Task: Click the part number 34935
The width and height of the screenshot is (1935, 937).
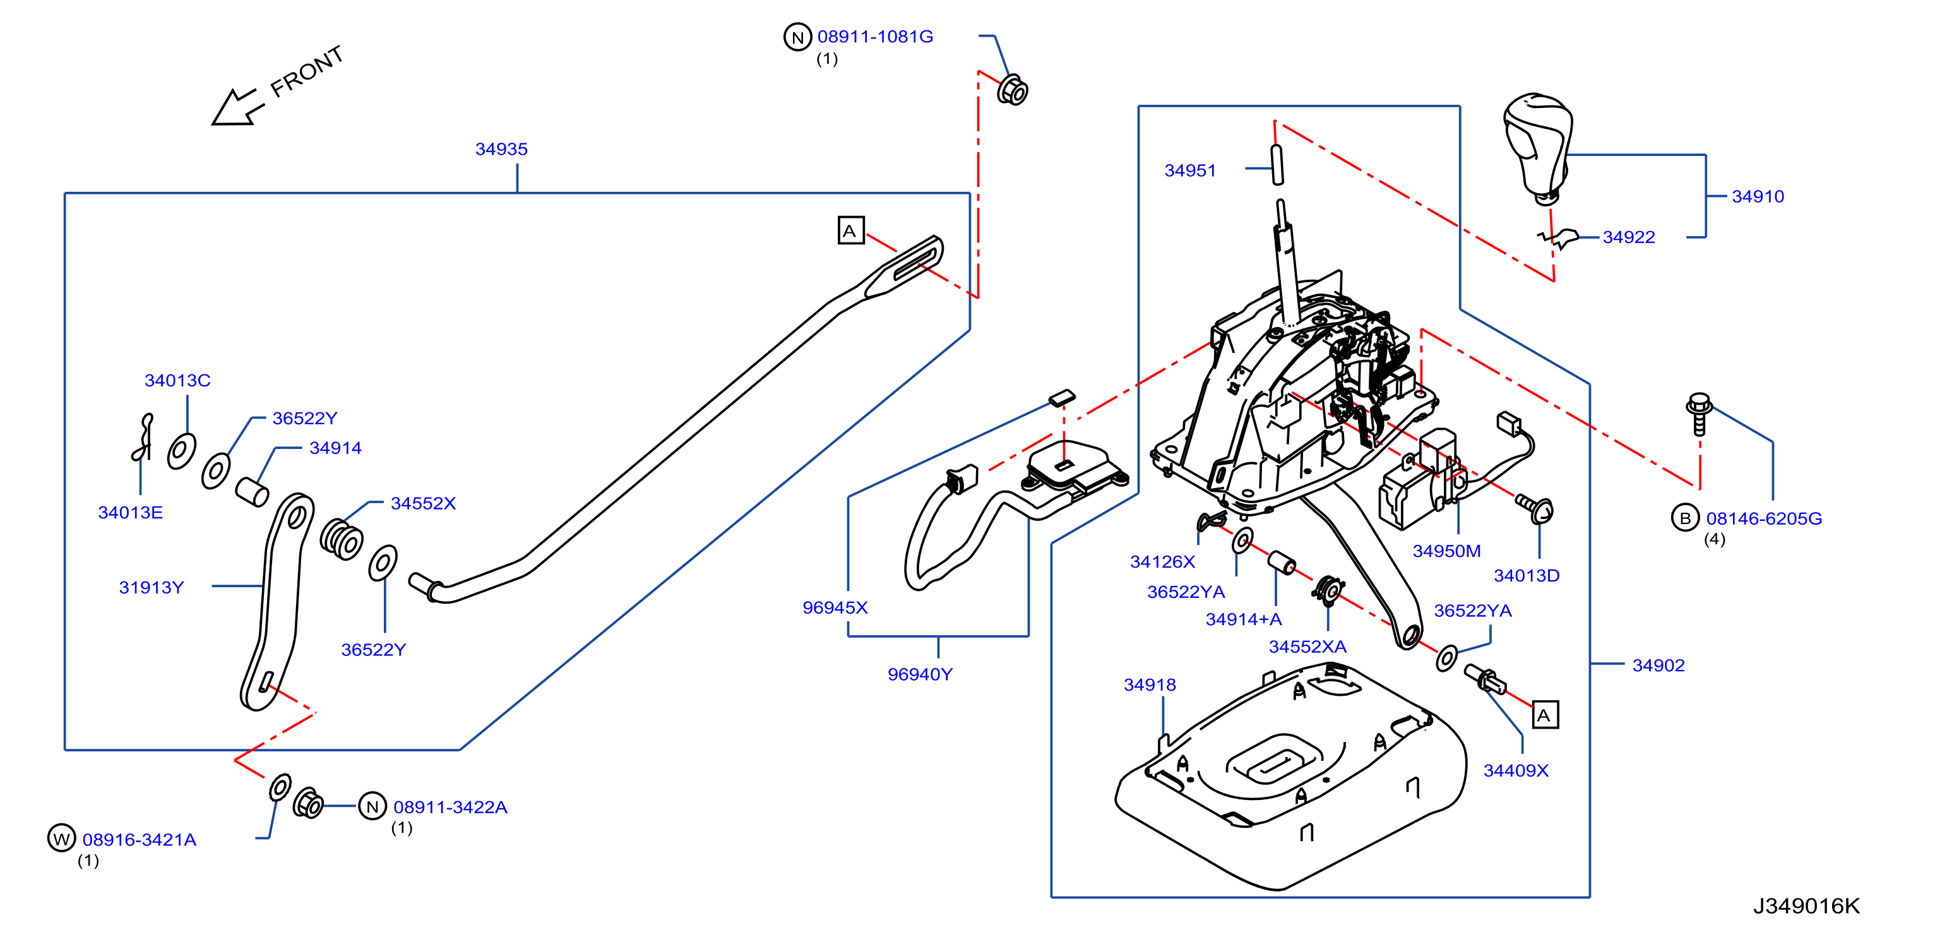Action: pos(501,149)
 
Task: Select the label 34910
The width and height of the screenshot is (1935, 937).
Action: pos(1758,196)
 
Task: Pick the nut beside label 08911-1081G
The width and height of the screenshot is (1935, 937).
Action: pos(1013,90)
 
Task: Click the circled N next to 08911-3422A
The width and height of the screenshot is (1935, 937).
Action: pos(372,806)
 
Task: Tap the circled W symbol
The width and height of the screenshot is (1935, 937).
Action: pos(62,838)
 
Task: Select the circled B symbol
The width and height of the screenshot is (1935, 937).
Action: pos(1685,518)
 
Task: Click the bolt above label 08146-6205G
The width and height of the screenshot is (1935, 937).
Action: pos(1699,414)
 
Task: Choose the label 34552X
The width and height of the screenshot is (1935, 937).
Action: pos(423,503)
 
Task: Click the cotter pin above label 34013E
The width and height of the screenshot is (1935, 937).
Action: pos(142,438)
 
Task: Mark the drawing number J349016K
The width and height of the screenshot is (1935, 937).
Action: pos(1807,906)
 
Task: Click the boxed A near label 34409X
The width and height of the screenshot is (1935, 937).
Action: pos(1545,715)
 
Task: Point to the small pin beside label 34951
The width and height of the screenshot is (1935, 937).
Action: pos(1277,165)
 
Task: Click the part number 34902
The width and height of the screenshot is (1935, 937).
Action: pos(1658,665)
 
